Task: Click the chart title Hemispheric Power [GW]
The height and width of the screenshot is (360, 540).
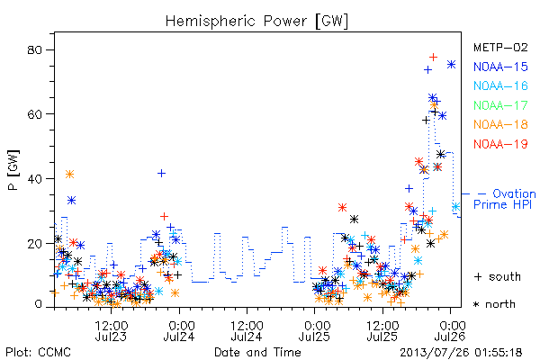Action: pyautogui.click(x=256, y=21)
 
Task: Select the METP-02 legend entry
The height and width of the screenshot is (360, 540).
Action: pyautogui.click(x=500, y=47)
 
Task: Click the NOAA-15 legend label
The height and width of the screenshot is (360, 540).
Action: pyautogui.click(x=500, y=67)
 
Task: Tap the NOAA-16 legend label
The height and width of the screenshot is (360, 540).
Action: pyautogui.click(x=500, y=85)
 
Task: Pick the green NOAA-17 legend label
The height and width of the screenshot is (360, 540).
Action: pyautogui.click(x=500, y=105)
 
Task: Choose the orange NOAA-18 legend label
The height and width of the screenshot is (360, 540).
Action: pyautogui.click(x=500, y=124)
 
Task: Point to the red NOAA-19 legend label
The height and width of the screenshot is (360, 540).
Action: pyautogui.click(x=500, y=144)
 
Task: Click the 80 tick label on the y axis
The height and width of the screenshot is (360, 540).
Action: pyautogui.click(x=34, y=50)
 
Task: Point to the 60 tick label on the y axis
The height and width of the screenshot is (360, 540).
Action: pyautogui.click(x=34, y=114)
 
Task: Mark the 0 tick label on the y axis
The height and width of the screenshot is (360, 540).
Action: pyautogui.click(x=38, y=304)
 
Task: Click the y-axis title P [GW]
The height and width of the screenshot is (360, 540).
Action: pyautogui.click(x=13, y=170)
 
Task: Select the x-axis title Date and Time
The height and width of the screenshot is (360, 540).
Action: pyautogui.click(x=257, y=352)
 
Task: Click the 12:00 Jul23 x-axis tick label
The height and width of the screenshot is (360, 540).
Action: pyautogui.click(x=111, y=330)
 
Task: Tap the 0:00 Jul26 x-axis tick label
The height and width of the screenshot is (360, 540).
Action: pyautogui.click(x=450, y=330)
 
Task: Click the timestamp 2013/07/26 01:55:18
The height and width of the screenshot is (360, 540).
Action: pyautogui.click(x=461, y=353)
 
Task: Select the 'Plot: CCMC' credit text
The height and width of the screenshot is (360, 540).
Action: pyautogui.click(x=38, y=353)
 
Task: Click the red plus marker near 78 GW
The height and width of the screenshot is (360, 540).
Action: pyautogui.click(x=433, y=57)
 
